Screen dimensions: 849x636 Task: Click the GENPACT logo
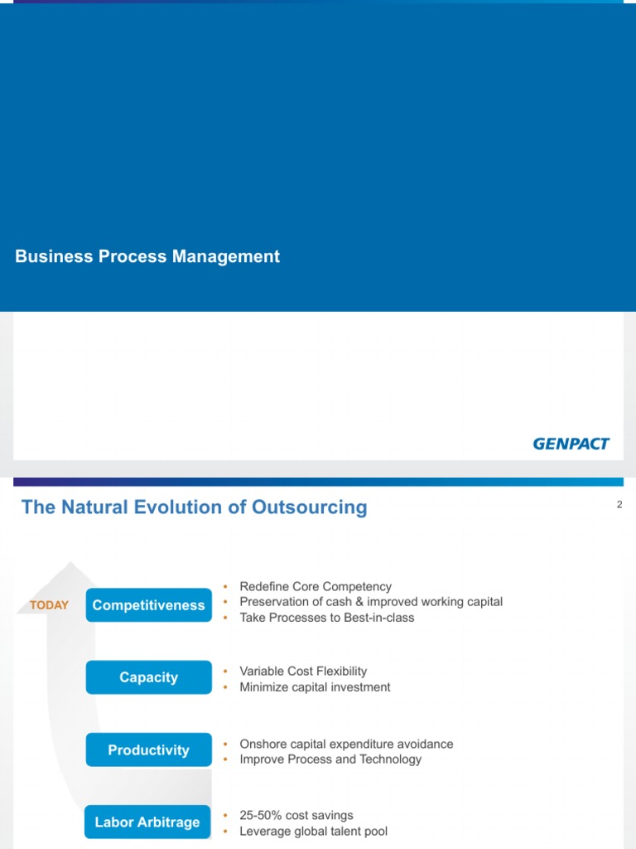point(571,444)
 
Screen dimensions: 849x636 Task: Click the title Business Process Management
point(147,257)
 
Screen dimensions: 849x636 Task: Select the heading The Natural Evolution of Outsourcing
point(194,507)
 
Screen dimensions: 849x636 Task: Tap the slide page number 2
point(619,505)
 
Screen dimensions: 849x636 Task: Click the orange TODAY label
point(49,605)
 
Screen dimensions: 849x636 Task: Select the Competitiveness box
point(148,605)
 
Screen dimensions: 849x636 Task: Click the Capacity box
point(148,677)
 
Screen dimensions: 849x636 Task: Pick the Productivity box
point(148,750)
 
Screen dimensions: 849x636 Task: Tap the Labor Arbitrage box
point(147,822)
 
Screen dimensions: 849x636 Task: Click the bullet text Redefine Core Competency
point(315,586)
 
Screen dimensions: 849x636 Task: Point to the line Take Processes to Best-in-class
point(326,618)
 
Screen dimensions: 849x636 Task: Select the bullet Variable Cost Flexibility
point(302,671)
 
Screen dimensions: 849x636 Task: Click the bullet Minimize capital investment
point(315,686)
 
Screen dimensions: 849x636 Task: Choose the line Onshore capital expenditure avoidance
point(346,744)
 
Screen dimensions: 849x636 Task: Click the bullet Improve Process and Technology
point(330,759)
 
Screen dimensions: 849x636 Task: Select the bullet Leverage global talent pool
point(313,832)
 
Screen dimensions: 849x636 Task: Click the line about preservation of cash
point(370,602)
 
